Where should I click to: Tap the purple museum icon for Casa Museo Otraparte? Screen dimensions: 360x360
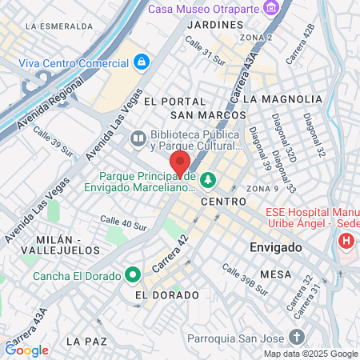pyautogui.click(x=274, y=8)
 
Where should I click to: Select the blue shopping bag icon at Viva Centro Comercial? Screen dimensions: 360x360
pyautogui.click(x=141, y=61)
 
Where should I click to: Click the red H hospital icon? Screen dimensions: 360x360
pyautogui.click(x=346, y=240)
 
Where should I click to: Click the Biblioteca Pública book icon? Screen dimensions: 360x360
pyautogui.click(x=138, y=140)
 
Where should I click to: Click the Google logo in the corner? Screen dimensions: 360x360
pyautogui.click(x=26, y=350)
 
